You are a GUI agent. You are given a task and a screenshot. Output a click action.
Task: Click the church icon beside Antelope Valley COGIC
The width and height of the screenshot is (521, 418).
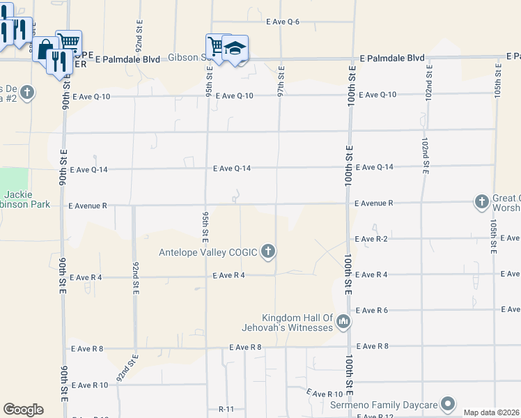point(268,252)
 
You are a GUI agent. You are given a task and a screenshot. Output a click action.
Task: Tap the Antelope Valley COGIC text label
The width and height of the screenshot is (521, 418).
point(208,252)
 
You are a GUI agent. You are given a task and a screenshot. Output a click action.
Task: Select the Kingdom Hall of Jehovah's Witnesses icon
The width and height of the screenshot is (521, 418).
point(343,322)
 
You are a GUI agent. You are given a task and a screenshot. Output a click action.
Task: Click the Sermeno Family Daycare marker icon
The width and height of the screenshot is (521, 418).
point(448,404)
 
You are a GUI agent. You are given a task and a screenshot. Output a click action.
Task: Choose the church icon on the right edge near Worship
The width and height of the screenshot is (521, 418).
point(481,202)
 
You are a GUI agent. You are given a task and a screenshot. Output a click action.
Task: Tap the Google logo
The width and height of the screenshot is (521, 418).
point(23,409)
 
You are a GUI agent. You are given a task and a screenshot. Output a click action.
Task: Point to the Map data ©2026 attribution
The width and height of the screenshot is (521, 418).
point(492,412)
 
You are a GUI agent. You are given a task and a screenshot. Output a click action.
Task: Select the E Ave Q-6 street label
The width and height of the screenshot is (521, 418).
point(283,22)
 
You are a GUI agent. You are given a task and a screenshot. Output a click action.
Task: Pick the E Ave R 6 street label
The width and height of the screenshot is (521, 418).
point(371,310)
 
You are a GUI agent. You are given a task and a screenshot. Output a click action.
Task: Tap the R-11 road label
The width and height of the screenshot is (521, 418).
point(226,409)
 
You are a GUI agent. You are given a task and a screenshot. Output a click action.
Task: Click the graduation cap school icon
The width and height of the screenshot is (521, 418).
point(235,48)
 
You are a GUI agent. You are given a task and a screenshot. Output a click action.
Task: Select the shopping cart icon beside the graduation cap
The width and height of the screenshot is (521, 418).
point(217,46)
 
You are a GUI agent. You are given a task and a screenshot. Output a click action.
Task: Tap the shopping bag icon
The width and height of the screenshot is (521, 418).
point(45,49)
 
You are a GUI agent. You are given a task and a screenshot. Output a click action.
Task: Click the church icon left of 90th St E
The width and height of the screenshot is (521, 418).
point(26,92)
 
